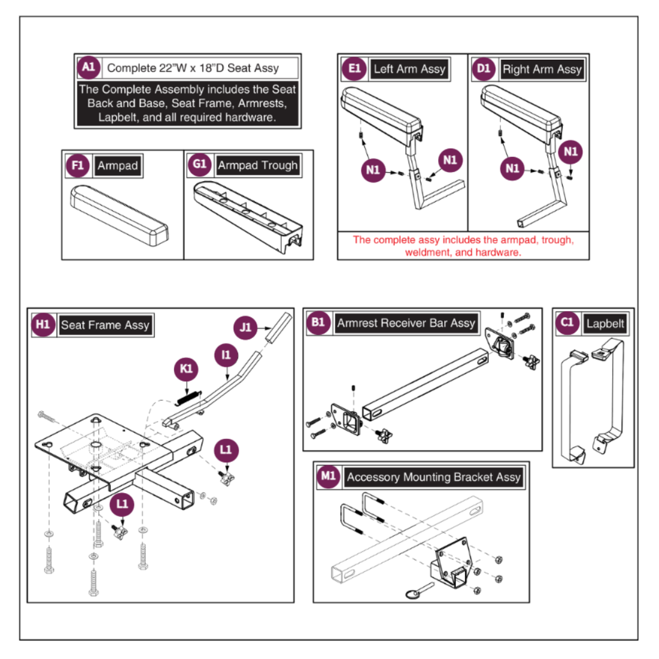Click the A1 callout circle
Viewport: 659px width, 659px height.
[88, 68]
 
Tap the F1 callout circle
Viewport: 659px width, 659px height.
[77, 166]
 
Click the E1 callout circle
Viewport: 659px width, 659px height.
[354, 69]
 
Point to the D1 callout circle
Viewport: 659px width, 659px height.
[483, 69]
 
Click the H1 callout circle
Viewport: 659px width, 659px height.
[42, 325]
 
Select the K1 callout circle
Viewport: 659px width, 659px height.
[186, 369]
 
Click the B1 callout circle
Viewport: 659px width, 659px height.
[318, 323]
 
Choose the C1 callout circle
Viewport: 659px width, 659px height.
[567, 323]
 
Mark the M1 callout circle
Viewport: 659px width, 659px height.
[328, 477]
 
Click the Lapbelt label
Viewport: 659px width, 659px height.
[605, 323]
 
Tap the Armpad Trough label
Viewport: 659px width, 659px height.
[257, 165]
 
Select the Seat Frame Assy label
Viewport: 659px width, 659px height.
[105, 325]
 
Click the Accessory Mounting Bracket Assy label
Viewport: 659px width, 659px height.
[433, 477]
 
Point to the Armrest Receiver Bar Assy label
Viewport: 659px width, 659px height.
[406, 323]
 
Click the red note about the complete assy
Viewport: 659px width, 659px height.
[463, 246]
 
